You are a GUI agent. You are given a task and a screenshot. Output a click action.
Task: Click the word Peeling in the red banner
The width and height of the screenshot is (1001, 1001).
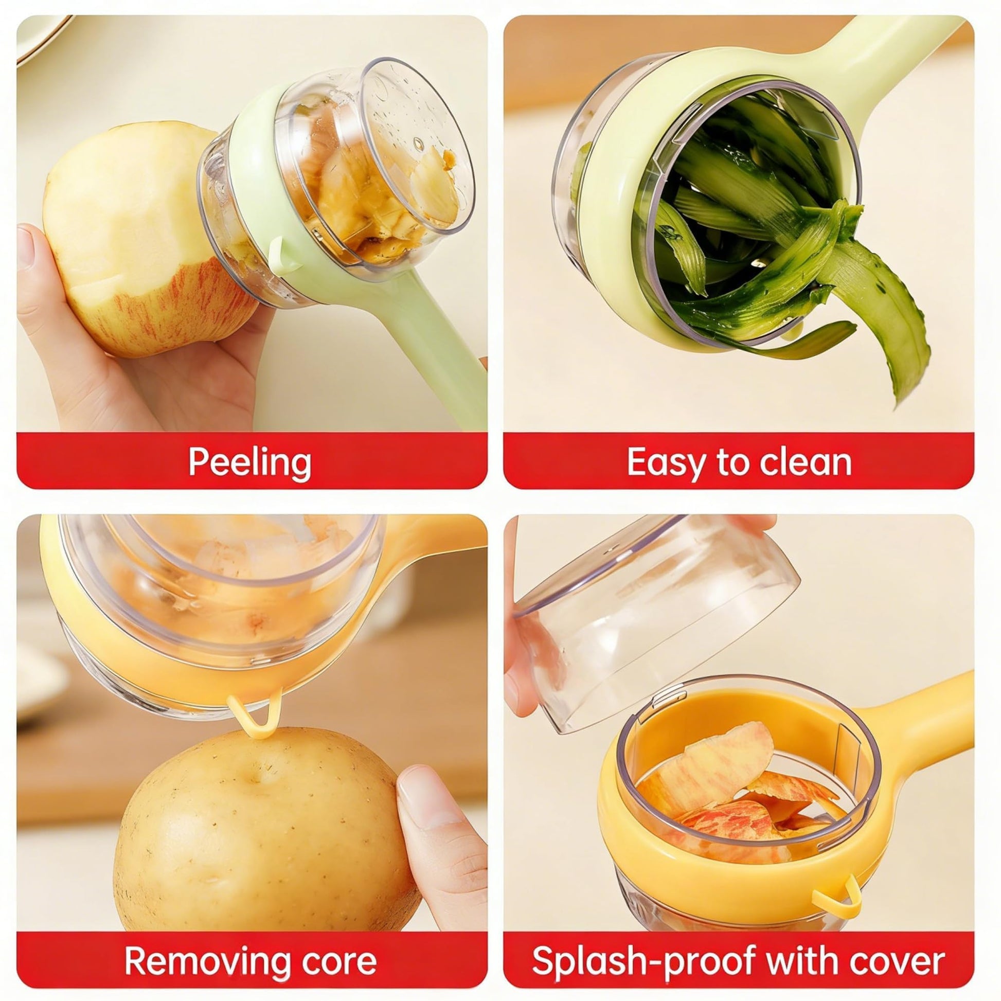[x=249, y=461]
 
